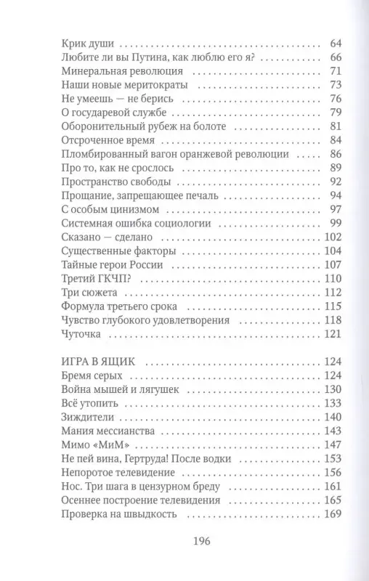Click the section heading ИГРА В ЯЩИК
coord(94,360)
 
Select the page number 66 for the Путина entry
coord(315,57)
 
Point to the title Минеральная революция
coord(112,71)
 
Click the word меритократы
coord(137,86)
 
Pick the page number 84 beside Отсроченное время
coord(315,140)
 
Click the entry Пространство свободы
coord(106,182)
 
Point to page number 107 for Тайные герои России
coord(312,265)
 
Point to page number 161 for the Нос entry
coord(312,487)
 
